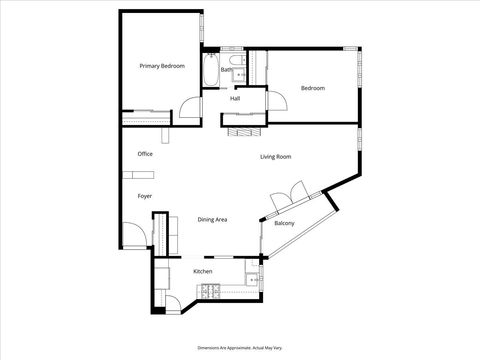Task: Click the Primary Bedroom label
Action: (x=162, y=66)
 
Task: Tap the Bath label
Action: (x=227, y=70)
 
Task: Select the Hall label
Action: (x=235, y=98)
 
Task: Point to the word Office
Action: (x=145, y=154)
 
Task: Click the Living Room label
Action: (x=275, y=157)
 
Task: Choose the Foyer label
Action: (x=145, y=197)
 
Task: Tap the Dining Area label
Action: (x=212, y=219)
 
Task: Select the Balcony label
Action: (x=284, y=223)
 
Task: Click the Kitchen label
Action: (x=203, y=272)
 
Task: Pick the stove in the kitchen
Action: (x=211, y=291)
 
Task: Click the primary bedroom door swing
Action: (x=190, y=109)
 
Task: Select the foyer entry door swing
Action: (x=133, y=239)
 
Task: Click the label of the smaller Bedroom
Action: (x=313, y=89)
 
